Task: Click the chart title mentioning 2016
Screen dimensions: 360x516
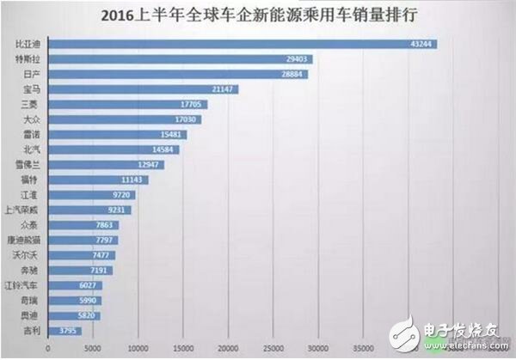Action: (258, 15)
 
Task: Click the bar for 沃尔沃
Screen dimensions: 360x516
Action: (82, 254)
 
